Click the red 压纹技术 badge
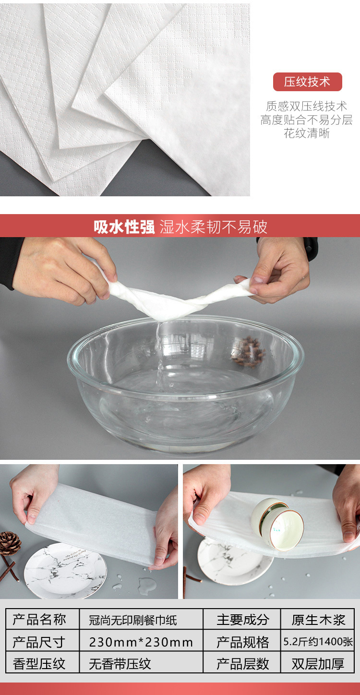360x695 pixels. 307,82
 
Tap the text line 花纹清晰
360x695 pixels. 307,133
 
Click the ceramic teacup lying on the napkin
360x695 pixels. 277,523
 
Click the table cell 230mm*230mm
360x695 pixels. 141,642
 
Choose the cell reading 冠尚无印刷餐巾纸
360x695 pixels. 133,620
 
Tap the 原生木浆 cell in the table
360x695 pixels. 318,620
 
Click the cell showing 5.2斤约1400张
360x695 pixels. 318,642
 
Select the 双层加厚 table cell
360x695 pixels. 318,664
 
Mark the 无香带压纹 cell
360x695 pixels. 120,664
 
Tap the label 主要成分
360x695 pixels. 242,620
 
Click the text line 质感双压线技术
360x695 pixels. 307,107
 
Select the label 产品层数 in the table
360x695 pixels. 242,664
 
